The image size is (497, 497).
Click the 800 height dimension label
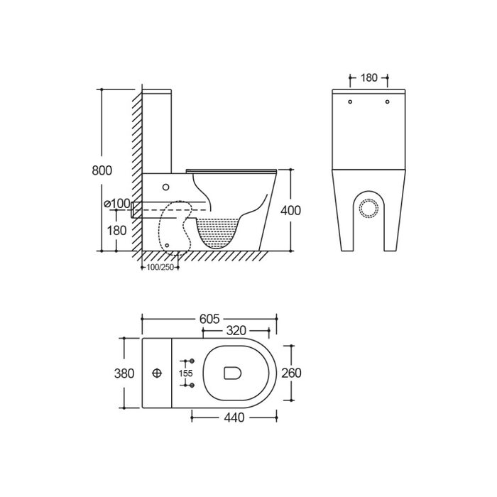pos(102,170)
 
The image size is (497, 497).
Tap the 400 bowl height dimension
pos(290,210)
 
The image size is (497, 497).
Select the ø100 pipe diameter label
pos(117,204)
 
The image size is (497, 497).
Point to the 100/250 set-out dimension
pos(160,267)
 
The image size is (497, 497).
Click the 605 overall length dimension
pos(209,319)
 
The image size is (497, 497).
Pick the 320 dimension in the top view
pos(236,331)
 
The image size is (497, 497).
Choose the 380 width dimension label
pos(124,373)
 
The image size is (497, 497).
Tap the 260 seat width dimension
pos(291,373)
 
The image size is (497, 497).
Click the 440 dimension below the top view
pos(234,417)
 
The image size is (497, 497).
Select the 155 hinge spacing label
pos(186,373)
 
